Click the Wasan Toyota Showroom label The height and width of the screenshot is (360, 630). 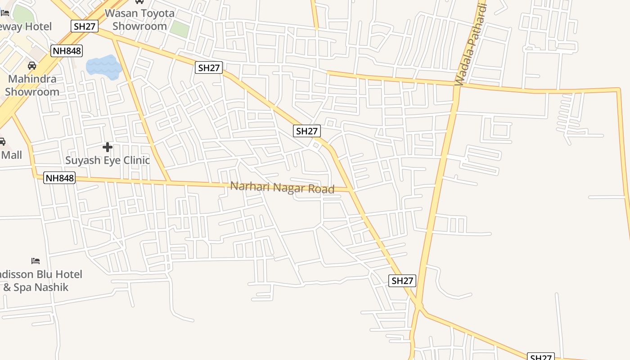click(139, 19)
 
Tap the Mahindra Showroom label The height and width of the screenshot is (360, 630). click(32, 85)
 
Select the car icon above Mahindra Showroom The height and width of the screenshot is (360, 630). click(32, 66)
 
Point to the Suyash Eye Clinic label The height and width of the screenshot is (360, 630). click(108, 160)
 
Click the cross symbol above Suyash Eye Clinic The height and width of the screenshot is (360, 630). click(108, 147)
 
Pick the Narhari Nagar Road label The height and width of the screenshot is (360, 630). click(282, 187)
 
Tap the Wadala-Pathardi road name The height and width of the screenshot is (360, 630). click(471, 45)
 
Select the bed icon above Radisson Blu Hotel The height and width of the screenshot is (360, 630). click(36, 261)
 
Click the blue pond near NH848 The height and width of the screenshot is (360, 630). click(103, 67)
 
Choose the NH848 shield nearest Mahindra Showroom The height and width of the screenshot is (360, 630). click(67, 51)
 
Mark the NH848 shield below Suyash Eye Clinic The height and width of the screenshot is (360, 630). click(59, 178)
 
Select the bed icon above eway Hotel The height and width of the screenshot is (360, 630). click(5, 13)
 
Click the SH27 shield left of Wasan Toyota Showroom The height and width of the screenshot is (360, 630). click(85, 26)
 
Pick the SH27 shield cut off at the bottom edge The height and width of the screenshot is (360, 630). click(540, 357)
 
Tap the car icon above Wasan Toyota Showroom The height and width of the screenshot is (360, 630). click(139, 2)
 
